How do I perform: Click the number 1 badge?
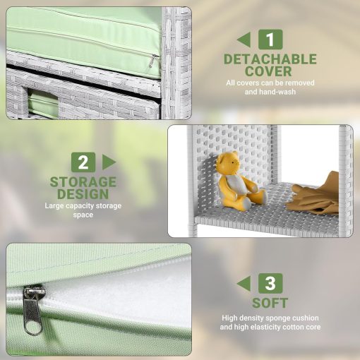270,40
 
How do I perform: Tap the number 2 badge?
83,162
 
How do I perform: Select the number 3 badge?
270,283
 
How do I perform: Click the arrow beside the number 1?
244,40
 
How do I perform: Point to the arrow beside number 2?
109,162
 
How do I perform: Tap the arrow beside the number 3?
244,283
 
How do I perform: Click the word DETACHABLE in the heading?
270,59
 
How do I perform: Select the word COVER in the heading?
268,71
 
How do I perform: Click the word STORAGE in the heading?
83,182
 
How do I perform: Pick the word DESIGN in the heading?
83,194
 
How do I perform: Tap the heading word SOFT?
270,303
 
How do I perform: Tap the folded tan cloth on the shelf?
313,195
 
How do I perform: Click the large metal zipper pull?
32,310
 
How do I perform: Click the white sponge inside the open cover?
122,294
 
